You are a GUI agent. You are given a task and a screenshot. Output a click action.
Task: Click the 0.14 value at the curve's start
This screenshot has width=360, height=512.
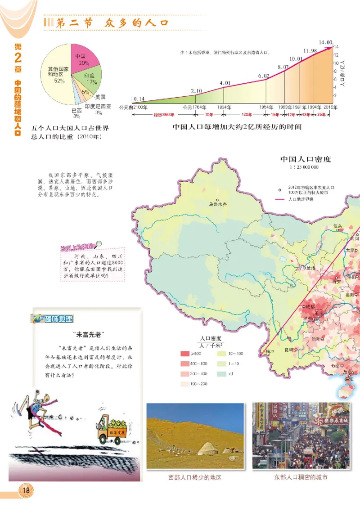click(x=139, y=99)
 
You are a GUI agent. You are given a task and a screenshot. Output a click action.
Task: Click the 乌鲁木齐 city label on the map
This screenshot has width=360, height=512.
click(x=218, y=204)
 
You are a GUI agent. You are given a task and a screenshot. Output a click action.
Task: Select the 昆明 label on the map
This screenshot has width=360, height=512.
click(x=288, y=349)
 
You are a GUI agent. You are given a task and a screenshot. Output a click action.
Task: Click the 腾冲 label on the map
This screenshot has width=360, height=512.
click(x=270, y=352)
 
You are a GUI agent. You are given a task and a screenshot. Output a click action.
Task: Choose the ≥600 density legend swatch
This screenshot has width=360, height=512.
click(x=185, y=354)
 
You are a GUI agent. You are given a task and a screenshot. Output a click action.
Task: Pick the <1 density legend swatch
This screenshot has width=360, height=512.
click(x=222, y=373)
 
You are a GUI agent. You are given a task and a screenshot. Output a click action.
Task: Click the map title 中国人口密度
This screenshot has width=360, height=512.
click(x=305, y=159)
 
